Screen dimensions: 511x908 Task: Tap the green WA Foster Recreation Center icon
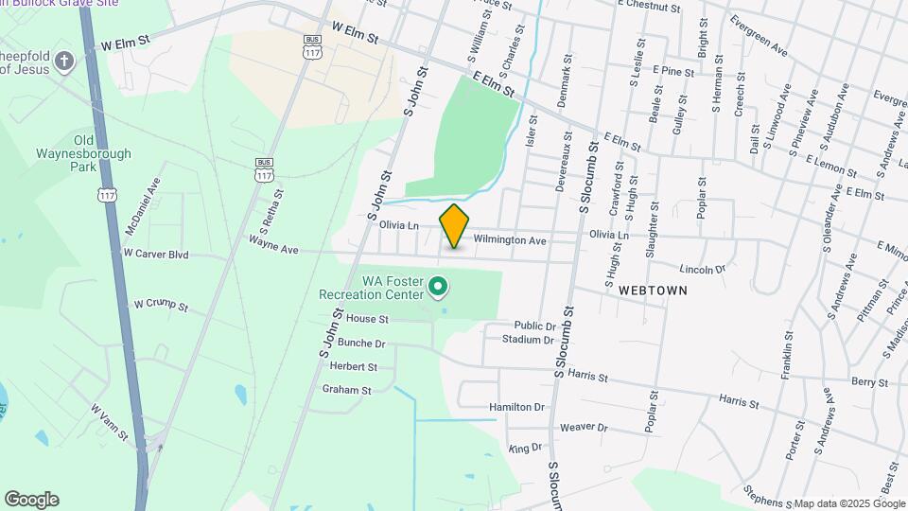(x=438, y=285)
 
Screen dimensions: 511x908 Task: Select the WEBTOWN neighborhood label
(x=653, y=291)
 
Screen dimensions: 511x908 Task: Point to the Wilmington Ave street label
(x=510, y=241)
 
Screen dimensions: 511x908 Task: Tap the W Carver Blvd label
(x=156, y=255)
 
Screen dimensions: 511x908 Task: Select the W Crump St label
(x=161, y=306)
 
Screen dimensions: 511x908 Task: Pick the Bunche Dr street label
(x=361, y=344)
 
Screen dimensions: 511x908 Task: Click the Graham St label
(x=346, y=389)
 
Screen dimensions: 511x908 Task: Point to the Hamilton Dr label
(x=517, y=407)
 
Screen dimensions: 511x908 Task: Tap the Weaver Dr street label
(x=583, y=428)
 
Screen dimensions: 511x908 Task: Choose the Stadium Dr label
(x=528, y=339)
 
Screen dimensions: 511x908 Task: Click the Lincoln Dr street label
(x=701, y=269)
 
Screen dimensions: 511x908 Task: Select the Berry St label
(x=869, y=382)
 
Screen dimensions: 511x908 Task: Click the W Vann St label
(x=109, y=422)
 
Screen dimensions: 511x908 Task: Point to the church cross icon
(x=64, y=62)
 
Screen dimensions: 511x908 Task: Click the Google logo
(x=31, y=500)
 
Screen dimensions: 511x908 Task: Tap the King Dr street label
(x=524, y=448)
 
